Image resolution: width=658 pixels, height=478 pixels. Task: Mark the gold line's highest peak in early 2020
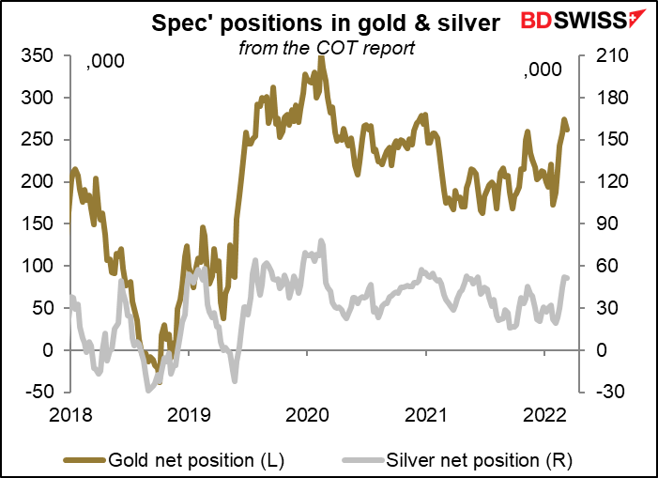point(322,59)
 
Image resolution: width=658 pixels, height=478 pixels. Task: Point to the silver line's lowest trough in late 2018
point(149,388)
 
